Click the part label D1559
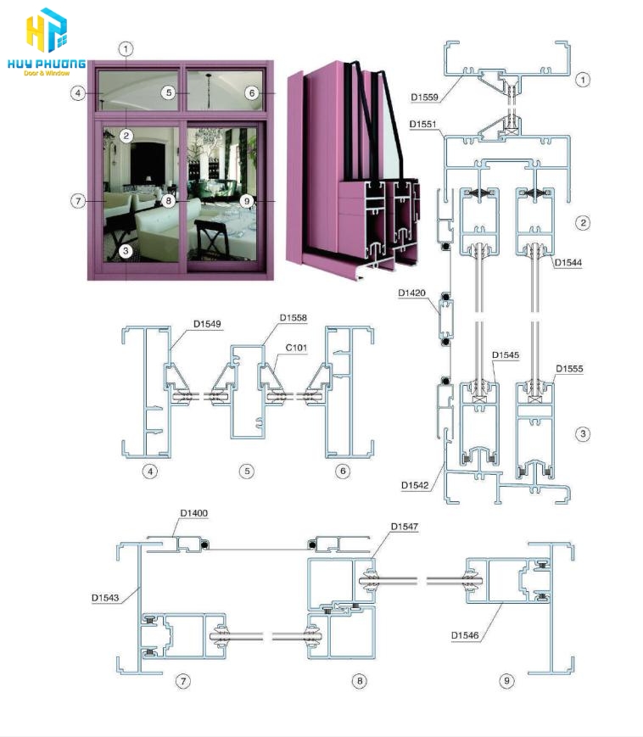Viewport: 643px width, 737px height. pyautogui.click(x=424, y=98)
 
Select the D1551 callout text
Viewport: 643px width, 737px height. pyautogui.click(x=423, y=124)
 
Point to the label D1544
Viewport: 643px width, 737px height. pyautogui.click(x=568, y=262)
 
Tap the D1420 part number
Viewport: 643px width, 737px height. pyautogui.click(x=411, y=293)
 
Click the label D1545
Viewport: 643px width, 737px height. pyautogui.click(x=506, y=355)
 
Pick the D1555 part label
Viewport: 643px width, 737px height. pyautogui.click(x=569, y=368)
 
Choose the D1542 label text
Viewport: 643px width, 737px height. pyautogui.click(x=415, y=485)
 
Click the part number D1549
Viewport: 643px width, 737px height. pyautogui.click(x=207, y=324)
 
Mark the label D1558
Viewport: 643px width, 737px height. pyautogui.click(x=294, y=318)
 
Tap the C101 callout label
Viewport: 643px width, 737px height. pyautogui.click(x=296, y=348)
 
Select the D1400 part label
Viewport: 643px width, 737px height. pyautogui.click(x=194, y=513)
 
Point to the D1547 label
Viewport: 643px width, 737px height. pyautogui.click(x=405, y=527)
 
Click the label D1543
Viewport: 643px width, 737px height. pyautogui.click(x=105, y=597)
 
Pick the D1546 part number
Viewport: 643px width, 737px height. pyautogui.click(x=465, y=635)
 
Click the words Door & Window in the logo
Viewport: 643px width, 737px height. pyautogui.click(x=47, y=73)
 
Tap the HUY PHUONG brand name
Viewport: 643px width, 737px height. pyautogui.click(x=47, y=64)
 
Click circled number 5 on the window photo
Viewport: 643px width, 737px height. pyautogui.click(x=169, y=92)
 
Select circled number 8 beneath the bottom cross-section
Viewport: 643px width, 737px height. pyautogui.click(x=360, y=680)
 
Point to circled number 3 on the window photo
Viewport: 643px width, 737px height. pyautogui.click(x=126, y=251)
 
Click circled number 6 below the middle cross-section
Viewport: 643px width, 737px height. pyautogui.click(x=343, y=471)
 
